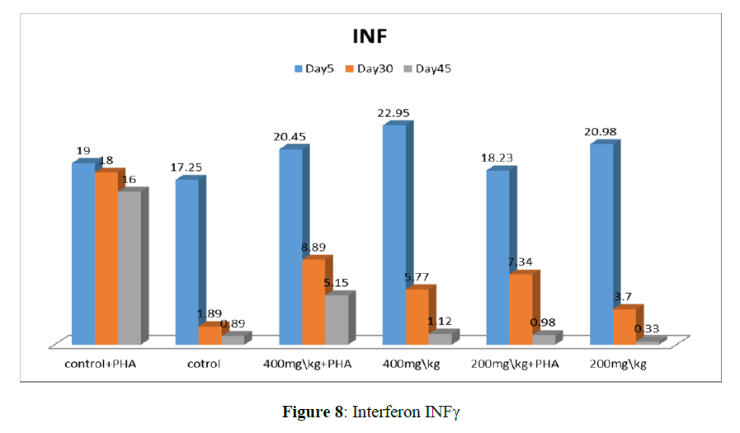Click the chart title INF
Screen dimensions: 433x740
click(x=369, y=36)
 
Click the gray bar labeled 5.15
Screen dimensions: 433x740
click(x=337, y=318)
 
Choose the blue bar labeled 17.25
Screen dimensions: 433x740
click(x=186, y=261)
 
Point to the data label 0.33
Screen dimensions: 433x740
click(x=646, y=330)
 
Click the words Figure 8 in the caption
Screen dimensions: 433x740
click(x=313, y=411)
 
